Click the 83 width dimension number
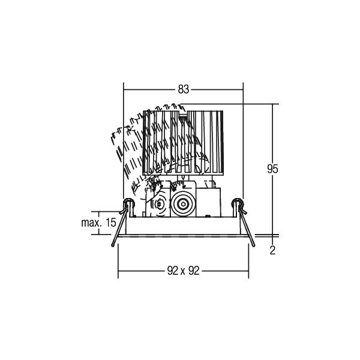pyautogui.click(x=184, y=89)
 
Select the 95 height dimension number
pyautogui.click(x=272, y=169)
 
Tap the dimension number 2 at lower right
pyautogui.click(x=272, y=250)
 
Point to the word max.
pyautogui.click(x=91, y=223)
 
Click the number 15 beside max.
pyautogui.click(x=111, y=223)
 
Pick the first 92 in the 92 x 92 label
pyautogui.click(x=173, y=271)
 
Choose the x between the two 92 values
pyautogui.click(x=183, y=272)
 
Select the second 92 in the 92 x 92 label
pyautogui.click(x=194, y=271)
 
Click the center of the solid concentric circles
pyautogui.click(x=183, y=204)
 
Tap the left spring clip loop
pyautogui.click(x=128, y=203)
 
